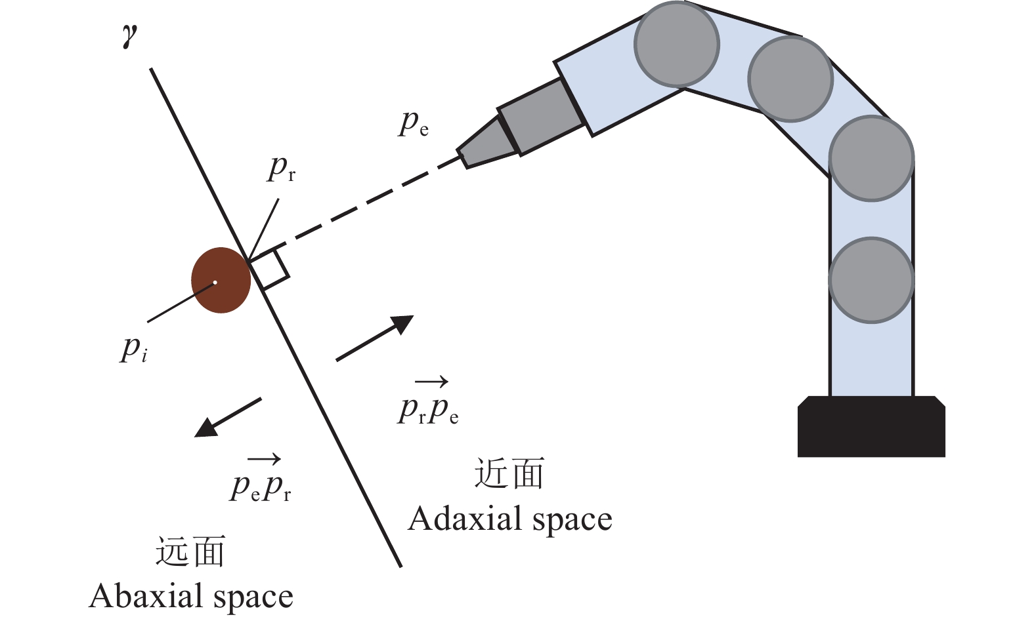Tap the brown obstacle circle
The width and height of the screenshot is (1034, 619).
[221, 280]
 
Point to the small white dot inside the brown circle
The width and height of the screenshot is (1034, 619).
[215, 283]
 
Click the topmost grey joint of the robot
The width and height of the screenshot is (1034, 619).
[677, 45]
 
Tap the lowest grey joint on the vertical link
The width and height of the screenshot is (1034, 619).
[871, 280]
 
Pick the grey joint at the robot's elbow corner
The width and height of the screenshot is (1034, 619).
[871, 158]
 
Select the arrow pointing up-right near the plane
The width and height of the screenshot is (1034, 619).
[375, 338]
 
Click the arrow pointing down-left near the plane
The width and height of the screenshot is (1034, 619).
[228, 417]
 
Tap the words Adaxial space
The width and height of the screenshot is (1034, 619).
[510, 519]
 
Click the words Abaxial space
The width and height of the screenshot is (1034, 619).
[191, 597]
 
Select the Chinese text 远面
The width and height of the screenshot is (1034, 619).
[190, 551]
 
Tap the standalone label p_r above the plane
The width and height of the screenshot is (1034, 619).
[282, 169]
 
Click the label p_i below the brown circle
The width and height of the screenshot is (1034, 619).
[133, 349]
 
